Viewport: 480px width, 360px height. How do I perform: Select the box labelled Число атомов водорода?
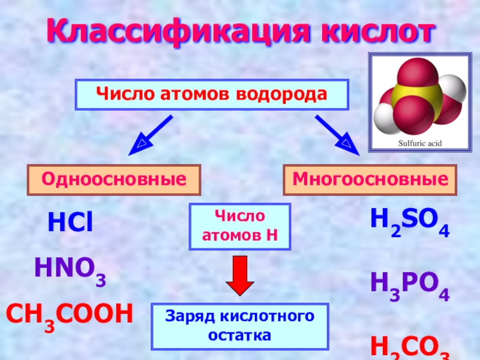pos(212,95)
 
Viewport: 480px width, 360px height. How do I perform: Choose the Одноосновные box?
pos(113,180)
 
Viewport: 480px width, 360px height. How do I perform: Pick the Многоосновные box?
pos(370,180)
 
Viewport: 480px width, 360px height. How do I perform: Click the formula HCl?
pos(70,223)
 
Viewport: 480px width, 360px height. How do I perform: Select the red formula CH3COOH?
pos(69,314)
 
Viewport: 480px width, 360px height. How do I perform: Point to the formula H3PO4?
pos(410,286)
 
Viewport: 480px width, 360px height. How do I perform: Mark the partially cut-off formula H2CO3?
pos(410,347)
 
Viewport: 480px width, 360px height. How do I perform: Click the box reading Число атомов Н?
pos(240,226)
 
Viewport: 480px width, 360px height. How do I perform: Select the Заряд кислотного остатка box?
pos(240,326)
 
